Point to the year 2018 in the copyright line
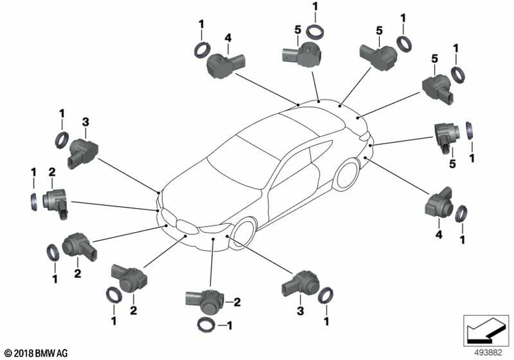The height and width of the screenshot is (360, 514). [20, 353]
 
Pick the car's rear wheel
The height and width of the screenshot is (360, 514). [348, 174]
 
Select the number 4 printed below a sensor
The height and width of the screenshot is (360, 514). [438, 235]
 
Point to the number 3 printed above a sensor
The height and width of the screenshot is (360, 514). [86, 122]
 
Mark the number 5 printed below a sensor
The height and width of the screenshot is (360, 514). [452, 164]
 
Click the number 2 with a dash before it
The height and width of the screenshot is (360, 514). [237, 302]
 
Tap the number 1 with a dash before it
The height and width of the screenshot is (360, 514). [230, 325]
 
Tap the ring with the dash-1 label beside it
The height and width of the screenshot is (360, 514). [207, 325]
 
